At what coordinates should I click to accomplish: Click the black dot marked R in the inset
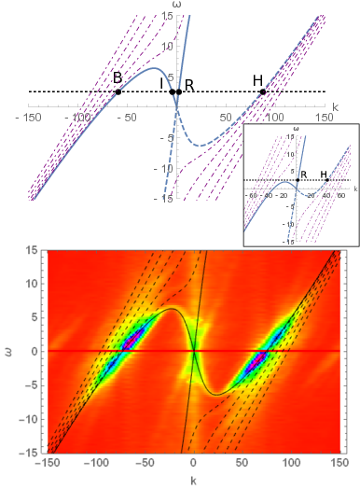pos(298,180)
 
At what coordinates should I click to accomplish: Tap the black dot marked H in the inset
pos(326,180)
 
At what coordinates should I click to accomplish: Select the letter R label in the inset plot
pos(302,173)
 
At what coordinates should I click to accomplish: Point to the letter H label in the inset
pos(324,173)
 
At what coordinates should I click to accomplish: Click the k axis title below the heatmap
pos(193,482)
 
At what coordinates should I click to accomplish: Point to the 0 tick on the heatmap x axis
pos(193,466)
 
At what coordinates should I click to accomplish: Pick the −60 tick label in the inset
pos(253,196)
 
